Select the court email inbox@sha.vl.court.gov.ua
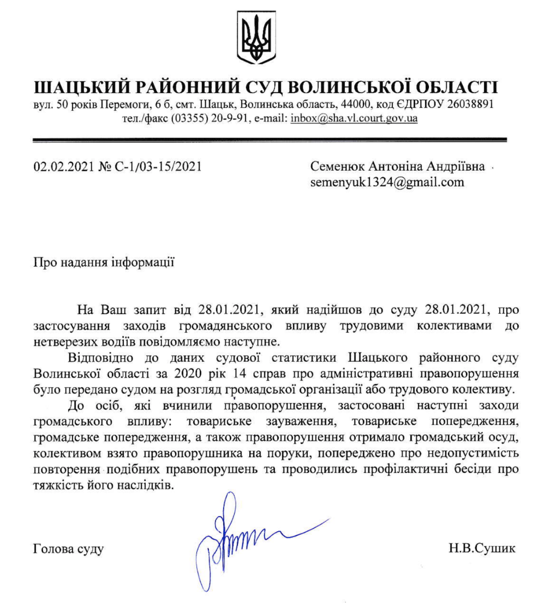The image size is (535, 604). (x=354, y=119)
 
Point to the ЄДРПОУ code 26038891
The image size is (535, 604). (x=472, y=105)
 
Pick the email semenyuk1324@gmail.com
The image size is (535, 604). (x=387, y=182)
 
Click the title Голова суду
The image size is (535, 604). (x=68, y=548)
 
